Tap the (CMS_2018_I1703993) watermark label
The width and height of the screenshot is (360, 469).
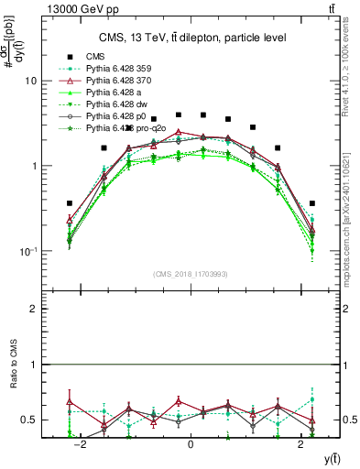point(190,274)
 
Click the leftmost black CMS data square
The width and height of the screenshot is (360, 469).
point(70,203)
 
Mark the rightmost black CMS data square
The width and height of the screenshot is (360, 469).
point(312,203)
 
